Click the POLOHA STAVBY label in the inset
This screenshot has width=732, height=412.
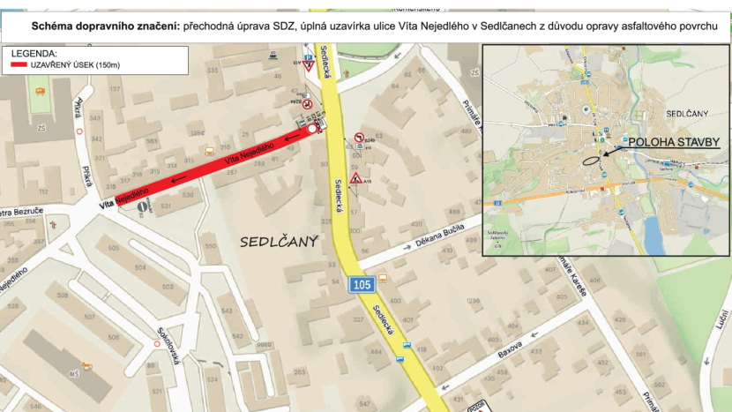(x=674, y=141)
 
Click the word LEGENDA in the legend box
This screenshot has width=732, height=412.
(x=34, y=54)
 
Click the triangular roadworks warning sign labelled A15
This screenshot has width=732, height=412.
(x=355, y=179)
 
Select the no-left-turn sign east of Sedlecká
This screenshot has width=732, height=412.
(x=359, y=139)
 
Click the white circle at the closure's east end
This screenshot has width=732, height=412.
(x=312, y=129)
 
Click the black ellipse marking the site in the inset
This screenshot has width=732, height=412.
(x=590, y=161)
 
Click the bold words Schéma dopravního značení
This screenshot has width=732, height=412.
(x=105, y=27)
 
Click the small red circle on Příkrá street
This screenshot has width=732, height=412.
(x=80, y=131)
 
